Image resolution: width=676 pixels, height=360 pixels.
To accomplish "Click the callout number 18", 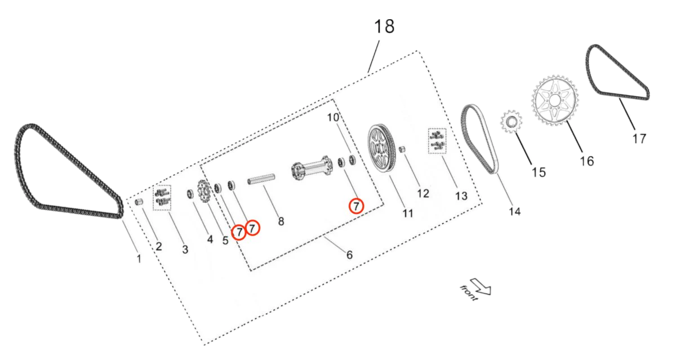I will click(385, 26).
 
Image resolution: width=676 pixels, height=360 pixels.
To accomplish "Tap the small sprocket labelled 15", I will click(511, 121).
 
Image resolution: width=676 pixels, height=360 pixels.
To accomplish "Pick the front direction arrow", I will click(481, 287).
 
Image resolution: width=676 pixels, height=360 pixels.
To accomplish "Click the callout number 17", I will click(639, 138).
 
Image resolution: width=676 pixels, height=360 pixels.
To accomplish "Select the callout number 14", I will click(514, 211).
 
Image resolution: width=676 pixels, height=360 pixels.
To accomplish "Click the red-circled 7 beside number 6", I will click(356, 206).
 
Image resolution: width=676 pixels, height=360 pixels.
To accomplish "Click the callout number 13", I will click(461, 195).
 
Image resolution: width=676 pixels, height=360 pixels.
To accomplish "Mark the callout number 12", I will click(423, 193).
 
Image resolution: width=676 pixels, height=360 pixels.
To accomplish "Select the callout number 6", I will click(349, 255).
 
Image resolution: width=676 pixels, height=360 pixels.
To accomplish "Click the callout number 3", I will click(185, 248).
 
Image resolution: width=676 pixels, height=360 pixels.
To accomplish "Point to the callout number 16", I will click(587, 161).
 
